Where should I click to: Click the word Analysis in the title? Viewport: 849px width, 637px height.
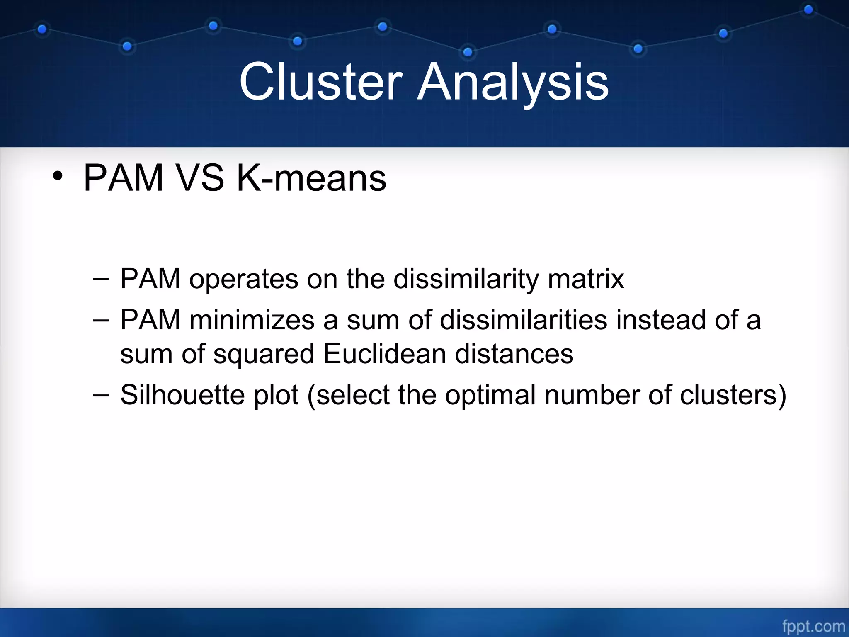tap(513, 82)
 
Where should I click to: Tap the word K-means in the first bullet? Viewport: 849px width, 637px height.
tap(311, 178)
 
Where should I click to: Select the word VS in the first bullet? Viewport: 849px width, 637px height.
tap(200, 178)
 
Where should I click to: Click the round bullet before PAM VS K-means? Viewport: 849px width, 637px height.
tap(58, 177)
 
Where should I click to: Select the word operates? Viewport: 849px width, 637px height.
tap(243, 279)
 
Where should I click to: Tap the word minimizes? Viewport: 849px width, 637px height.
tap(252, 320)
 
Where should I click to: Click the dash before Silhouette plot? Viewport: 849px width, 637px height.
tap(101, 395)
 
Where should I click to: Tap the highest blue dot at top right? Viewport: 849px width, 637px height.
tap(808, 10)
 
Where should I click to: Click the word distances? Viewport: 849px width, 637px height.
tap(514, 354)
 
